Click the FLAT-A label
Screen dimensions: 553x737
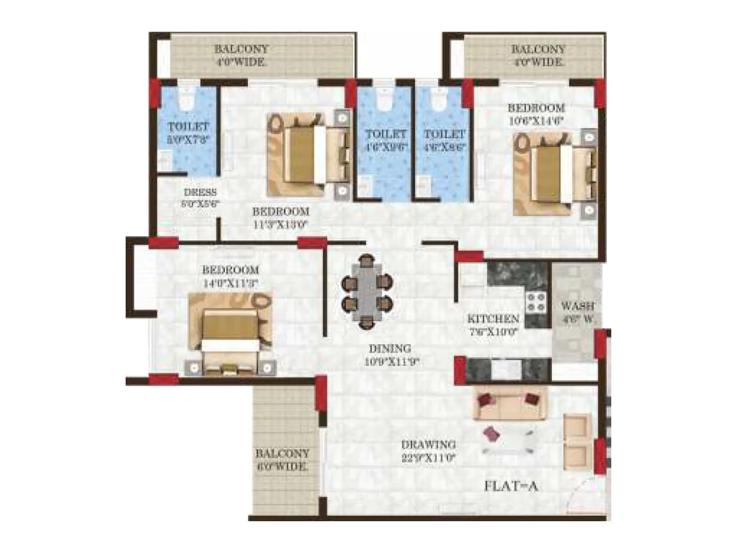point(511,486)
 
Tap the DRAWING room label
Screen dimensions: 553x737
point(428,451)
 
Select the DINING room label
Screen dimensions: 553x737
point(390,355)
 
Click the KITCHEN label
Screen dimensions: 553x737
point(493,324)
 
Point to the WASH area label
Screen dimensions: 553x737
point(578,312)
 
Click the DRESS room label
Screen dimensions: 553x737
point(200,198)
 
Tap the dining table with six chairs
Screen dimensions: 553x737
point(367,292)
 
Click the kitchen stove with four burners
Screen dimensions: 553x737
point(536,302)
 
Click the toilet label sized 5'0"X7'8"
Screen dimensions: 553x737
point(188,133)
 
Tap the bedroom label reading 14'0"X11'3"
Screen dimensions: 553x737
point(230,276)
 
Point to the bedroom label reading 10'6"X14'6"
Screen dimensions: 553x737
point(536,114)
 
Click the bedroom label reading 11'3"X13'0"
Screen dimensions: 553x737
point(281,218)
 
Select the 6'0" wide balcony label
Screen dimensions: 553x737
point(282,459)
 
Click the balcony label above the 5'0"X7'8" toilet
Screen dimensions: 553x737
point(241,55)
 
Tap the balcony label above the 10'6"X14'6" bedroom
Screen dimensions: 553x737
point(538,55)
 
